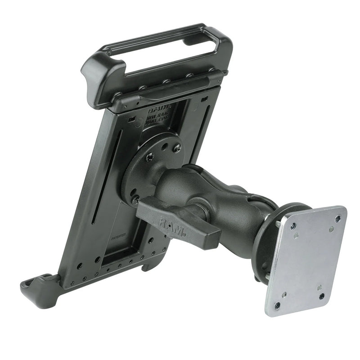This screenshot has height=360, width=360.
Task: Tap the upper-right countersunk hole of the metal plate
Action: pyautogui.click(x=337, y=219)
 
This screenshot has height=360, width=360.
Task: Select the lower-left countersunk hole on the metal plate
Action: pyautogui.click(x=278, y=305)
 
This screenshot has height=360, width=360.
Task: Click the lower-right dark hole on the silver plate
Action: pyautogui.click(x=322, y=296)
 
